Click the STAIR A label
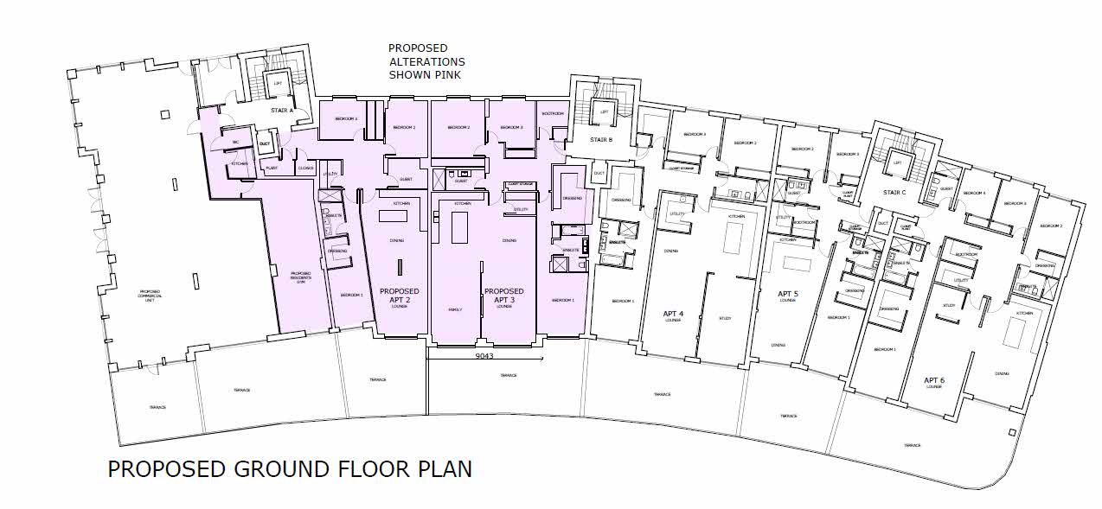tap(280, 111)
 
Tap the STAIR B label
tap(602, 139)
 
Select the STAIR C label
tap(894, 192)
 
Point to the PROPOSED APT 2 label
tap(400, 296)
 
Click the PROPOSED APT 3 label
tap(503, 296)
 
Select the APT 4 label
tap(673, 314)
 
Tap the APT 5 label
tap(787, 294)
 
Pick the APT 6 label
tap(934, 381)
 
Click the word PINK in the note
tap(449, 75)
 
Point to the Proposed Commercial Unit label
tap(151, 295)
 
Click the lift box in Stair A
tap(279, 84)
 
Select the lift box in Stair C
tap(898, 162)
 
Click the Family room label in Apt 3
tap(455, 309)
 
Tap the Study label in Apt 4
tap(725, 319)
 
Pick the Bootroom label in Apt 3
tap(553, 114)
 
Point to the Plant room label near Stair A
tap(271, 169)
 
